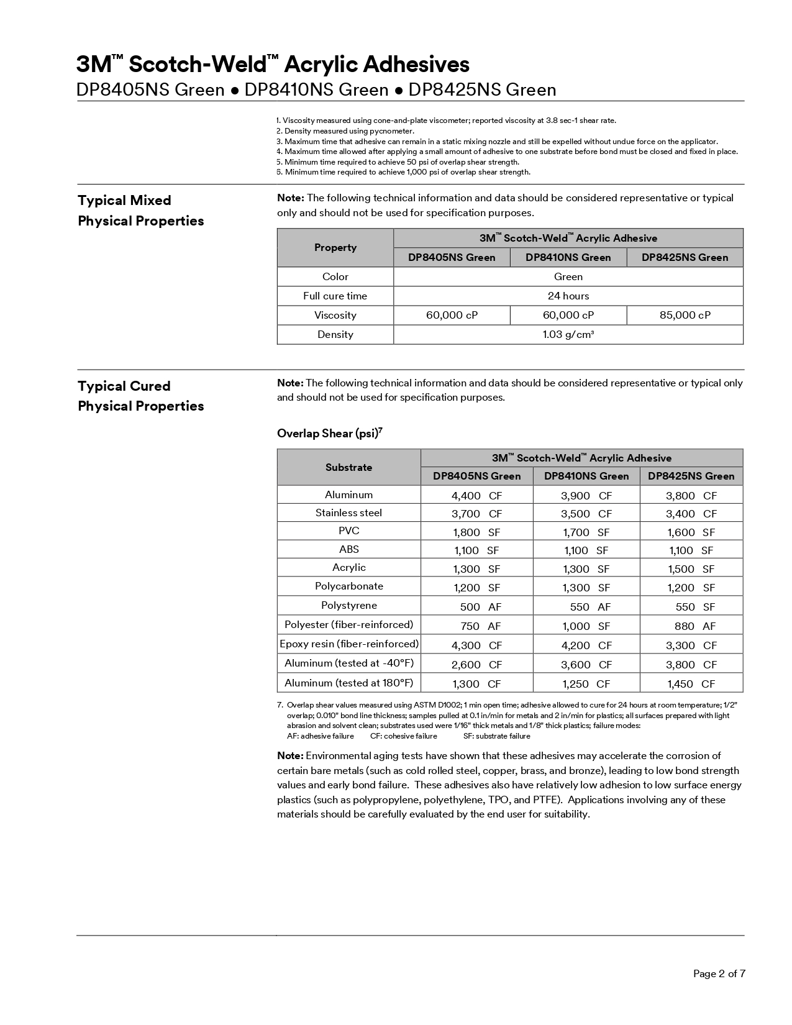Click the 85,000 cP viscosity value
(685, 315)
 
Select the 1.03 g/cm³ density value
(568, 334)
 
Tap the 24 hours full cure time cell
(568, 296)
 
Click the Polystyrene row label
(348, 605)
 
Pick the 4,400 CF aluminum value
(476, 496)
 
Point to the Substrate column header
(348, 467)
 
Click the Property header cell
(335, 247)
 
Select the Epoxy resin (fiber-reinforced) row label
(349, 644)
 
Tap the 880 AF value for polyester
(691, 626)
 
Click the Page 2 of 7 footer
(719, 973)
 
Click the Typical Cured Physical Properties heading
(141, 396)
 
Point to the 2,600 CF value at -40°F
(476, 665)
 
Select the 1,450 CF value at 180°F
(691, 684)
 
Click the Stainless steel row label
(348, 512)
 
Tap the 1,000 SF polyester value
(586, 626)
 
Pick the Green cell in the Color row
(568, 276)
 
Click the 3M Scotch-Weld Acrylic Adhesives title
(273, 65)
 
